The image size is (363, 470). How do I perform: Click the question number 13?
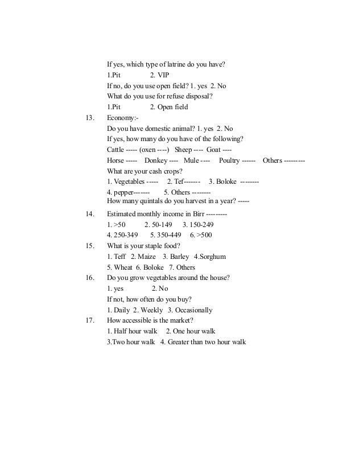tap(89, 118)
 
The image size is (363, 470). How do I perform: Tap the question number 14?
tap(89, 213)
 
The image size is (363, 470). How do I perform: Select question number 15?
tap(89, 246)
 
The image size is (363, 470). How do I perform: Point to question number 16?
tap(89, 278)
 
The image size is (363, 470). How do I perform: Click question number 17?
tap(89, 320)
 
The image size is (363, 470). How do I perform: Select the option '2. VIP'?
tap(159, 75)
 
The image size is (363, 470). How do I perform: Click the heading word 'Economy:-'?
tap(122, 118)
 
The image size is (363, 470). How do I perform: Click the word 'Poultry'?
tap(229, 161)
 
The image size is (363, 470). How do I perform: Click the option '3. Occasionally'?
tap(190, 310)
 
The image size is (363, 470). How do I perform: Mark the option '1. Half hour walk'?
tap(133, 331)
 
